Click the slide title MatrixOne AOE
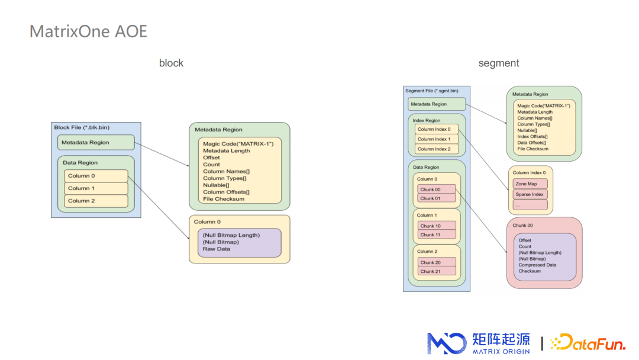click(x=88, y=31)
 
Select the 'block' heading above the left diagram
click(x=171, y=63)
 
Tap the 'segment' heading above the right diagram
click(x=499, y=63)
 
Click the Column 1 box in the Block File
click(x=96, y=188)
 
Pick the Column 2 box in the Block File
click(x=96, y=201)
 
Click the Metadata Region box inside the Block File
click(x=96, y=142)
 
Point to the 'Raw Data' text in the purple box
click(x=217, y=249)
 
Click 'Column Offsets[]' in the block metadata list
click(x=226, y=192)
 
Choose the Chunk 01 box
click(x=437, y=198)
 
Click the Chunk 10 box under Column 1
click(x=437, y=226)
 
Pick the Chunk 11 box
click(x=437, y=234)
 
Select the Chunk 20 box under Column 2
click(x=437, y=262)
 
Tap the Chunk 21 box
click(x=437, y=271)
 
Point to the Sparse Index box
click(x=530, y=194)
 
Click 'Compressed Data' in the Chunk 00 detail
click(x=537, y=265)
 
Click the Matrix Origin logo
click(x=479, y=343)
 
